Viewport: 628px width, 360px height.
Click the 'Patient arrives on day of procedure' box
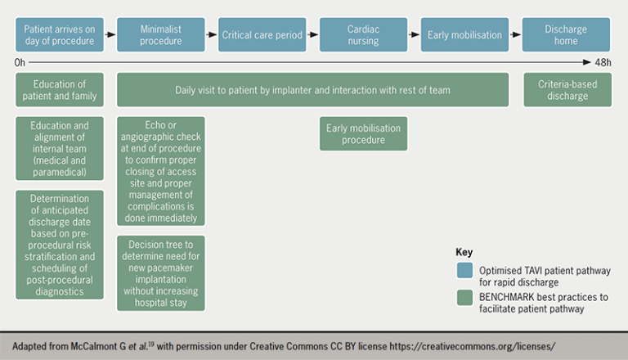point(60,35)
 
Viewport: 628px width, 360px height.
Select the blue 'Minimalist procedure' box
point(161,35)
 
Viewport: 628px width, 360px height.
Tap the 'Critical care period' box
point(262,35)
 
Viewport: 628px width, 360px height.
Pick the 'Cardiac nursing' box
point(363,35)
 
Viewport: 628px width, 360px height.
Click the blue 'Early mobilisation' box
point(464,35)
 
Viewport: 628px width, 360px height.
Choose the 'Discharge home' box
point(566,35)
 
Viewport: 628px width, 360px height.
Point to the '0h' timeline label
point(20,62)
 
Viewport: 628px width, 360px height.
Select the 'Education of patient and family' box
point(60,90)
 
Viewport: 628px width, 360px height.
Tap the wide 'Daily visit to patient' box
point(312,90)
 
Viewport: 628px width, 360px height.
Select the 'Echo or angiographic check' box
point(161,170)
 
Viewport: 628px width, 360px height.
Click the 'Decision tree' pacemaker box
point(161,273)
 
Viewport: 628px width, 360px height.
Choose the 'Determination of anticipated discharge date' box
point(60,244)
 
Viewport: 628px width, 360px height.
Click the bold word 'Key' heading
point(464,253)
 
